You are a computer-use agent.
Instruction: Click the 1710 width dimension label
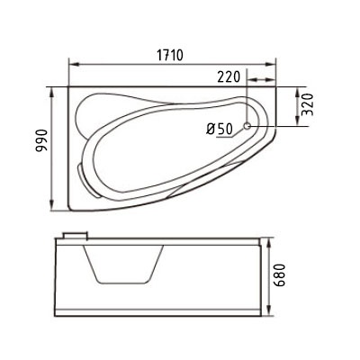[x=170, y=55]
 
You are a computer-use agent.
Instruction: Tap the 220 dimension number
[x=229, y=77]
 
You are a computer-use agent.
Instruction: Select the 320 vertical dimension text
[x=308, y=104]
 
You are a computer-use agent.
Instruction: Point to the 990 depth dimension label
[x=41, y=140]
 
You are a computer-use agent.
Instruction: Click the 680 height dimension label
[x=279, y=275]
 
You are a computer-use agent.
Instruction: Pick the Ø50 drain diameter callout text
[x=220, y=130]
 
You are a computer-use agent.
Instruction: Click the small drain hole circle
[x=247, y=126]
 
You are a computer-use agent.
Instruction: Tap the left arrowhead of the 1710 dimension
[x=74, y=64]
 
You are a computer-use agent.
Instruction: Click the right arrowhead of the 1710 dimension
[x=271, y=64]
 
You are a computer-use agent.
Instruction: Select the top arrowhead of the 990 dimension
[x=52, y=93]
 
